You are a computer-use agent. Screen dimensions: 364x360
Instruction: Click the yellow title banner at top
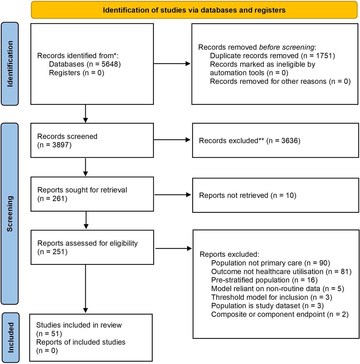point(194,10)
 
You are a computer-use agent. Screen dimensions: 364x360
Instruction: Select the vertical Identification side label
point(10,64)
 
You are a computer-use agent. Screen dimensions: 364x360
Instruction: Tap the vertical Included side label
point(11,338)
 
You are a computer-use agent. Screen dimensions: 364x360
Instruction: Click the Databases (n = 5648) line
point(85,64)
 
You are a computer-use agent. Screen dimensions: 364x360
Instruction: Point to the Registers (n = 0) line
point(76,73)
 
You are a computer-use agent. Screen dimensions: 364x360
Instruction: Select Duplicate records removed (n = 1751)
point(272,56)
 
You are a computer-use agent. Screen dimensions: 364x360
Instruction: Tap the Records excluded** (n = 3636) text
point(249,141)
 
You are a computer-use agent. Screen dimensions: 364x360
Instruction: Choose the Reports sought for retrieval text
point(82,190)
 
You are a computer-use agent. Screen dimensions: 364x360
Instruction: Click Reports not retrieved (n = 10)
point(247,195)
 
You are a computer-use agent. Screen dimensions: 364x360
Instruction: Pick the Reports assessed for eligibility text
point(87,243)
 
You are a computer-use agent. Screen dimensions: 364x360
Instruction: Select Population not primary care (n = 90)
point(270,263)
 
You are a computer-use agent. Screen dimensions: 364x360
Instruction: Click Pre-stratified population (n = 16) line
point(264,280)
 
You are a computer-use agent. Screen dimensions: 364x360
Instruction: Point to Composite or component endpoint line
point(280,314)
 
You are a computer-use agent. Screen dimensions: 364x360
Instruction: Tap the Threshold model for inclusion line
point(272,297)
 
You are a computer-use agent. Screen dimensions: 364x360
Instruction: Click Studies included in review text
point(79,325)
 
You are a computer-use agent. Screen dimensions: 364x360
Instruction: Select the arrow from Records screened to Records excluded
point(172,140)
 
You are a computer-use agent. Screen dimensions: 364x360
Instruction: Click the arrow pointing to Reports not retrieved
point(172,195)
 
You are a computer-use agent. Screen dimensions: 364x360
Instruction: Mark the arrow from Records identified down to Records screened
point(85,113)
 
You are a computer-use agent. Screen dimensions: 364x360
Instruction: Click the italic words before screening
point(287,47)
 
